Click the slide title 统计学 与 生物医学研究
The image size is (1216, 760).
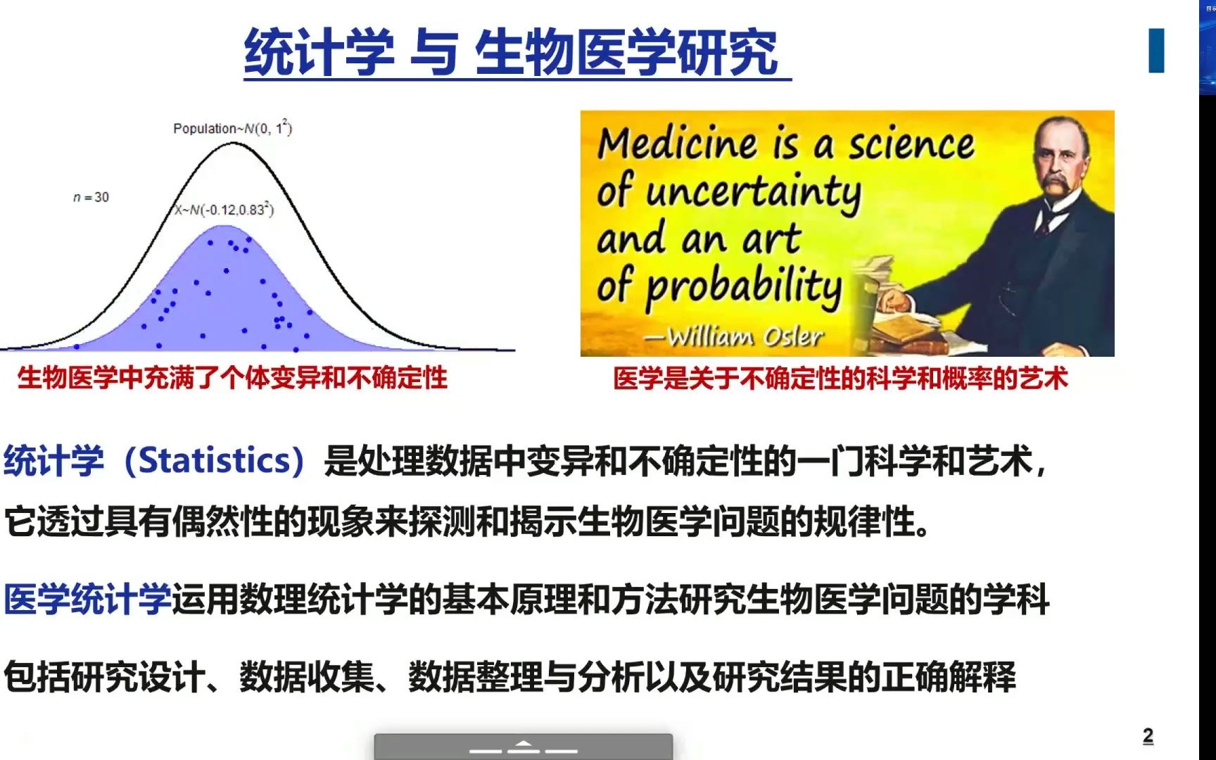[x=512, y=52]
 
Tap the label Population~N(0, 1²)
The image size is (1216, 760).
[x=232, y=128]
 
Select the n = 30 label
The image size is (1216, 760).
[x=91, y=197]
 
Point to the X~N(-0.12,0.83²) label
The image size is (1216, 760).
[x=224, y=209]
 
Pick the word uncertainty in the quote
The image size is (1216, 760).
[x=753, y=191]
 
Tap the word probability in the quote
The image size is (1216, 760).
[x=744, y=287]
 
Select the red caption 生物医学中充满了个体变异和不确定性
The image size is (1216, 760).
[x=232, y=378]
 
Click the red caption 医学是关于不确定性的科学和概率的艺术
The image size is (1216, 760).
[x=840, y=379]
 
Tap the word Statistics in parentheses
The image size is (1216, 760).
[x=215, y=461]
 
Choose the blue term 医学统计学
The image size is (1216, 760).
[x=87, y=600]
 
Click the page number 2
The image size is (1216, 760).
[x=1148, y=736]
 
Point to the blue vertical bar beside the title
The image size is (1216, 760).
[x=1156, y=51]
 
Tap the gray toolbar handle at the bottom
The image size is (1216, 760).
[x=523, y=747]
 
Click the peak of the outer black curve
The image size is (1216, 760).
[x=233, y=144]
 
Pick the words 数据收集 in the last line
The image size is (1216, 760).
[x=307, y=677]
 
